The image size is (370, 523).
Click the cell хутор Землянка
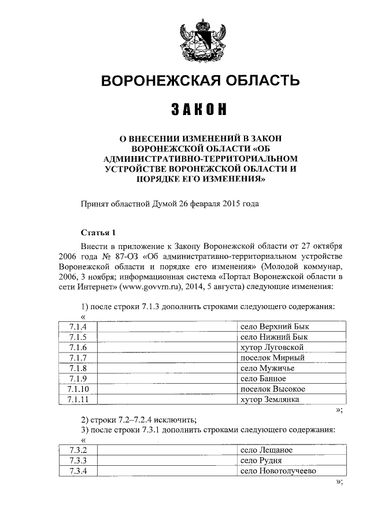click(x=269, y=399)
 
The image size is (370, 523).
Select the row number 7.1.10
click(x=77, y=389)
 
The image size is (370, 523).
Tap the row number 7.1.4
click(x=77, y=327)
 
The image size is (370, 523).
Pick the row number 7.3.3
click(x=77, y=461)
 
